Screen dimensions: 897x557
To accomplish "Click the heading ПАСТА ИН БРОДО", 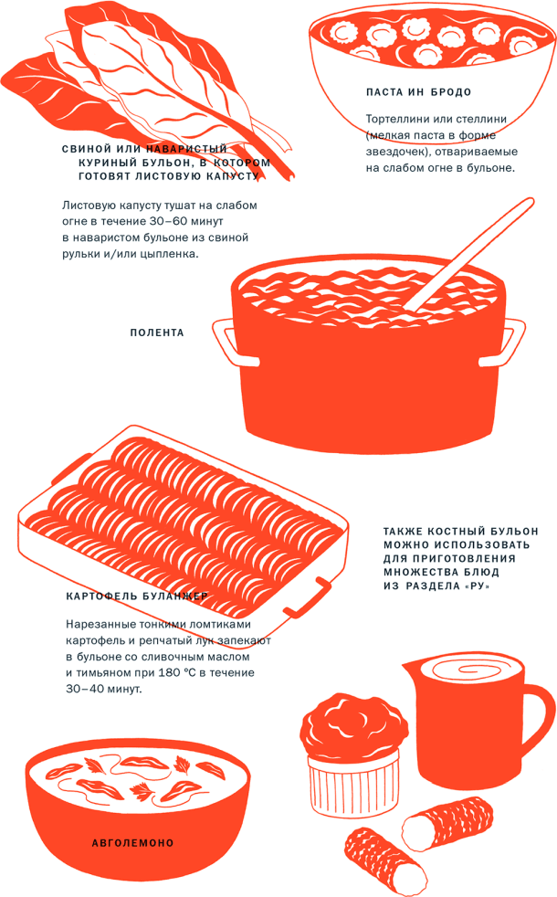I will point(418,92).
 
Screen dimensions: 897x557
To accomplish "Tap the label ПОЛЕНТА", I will point(157,332).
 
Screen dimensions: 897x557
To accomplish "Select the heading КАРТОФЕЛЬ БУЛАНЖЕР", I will point(137,596).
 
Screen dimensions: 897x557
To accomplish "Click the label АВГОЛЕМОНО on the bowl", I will point(133,843).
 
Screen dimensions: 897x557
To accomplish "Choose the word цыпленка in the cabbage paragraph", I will point(171,255).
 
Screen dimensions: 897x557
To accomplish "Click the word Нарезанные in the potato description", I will point(100,624).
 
